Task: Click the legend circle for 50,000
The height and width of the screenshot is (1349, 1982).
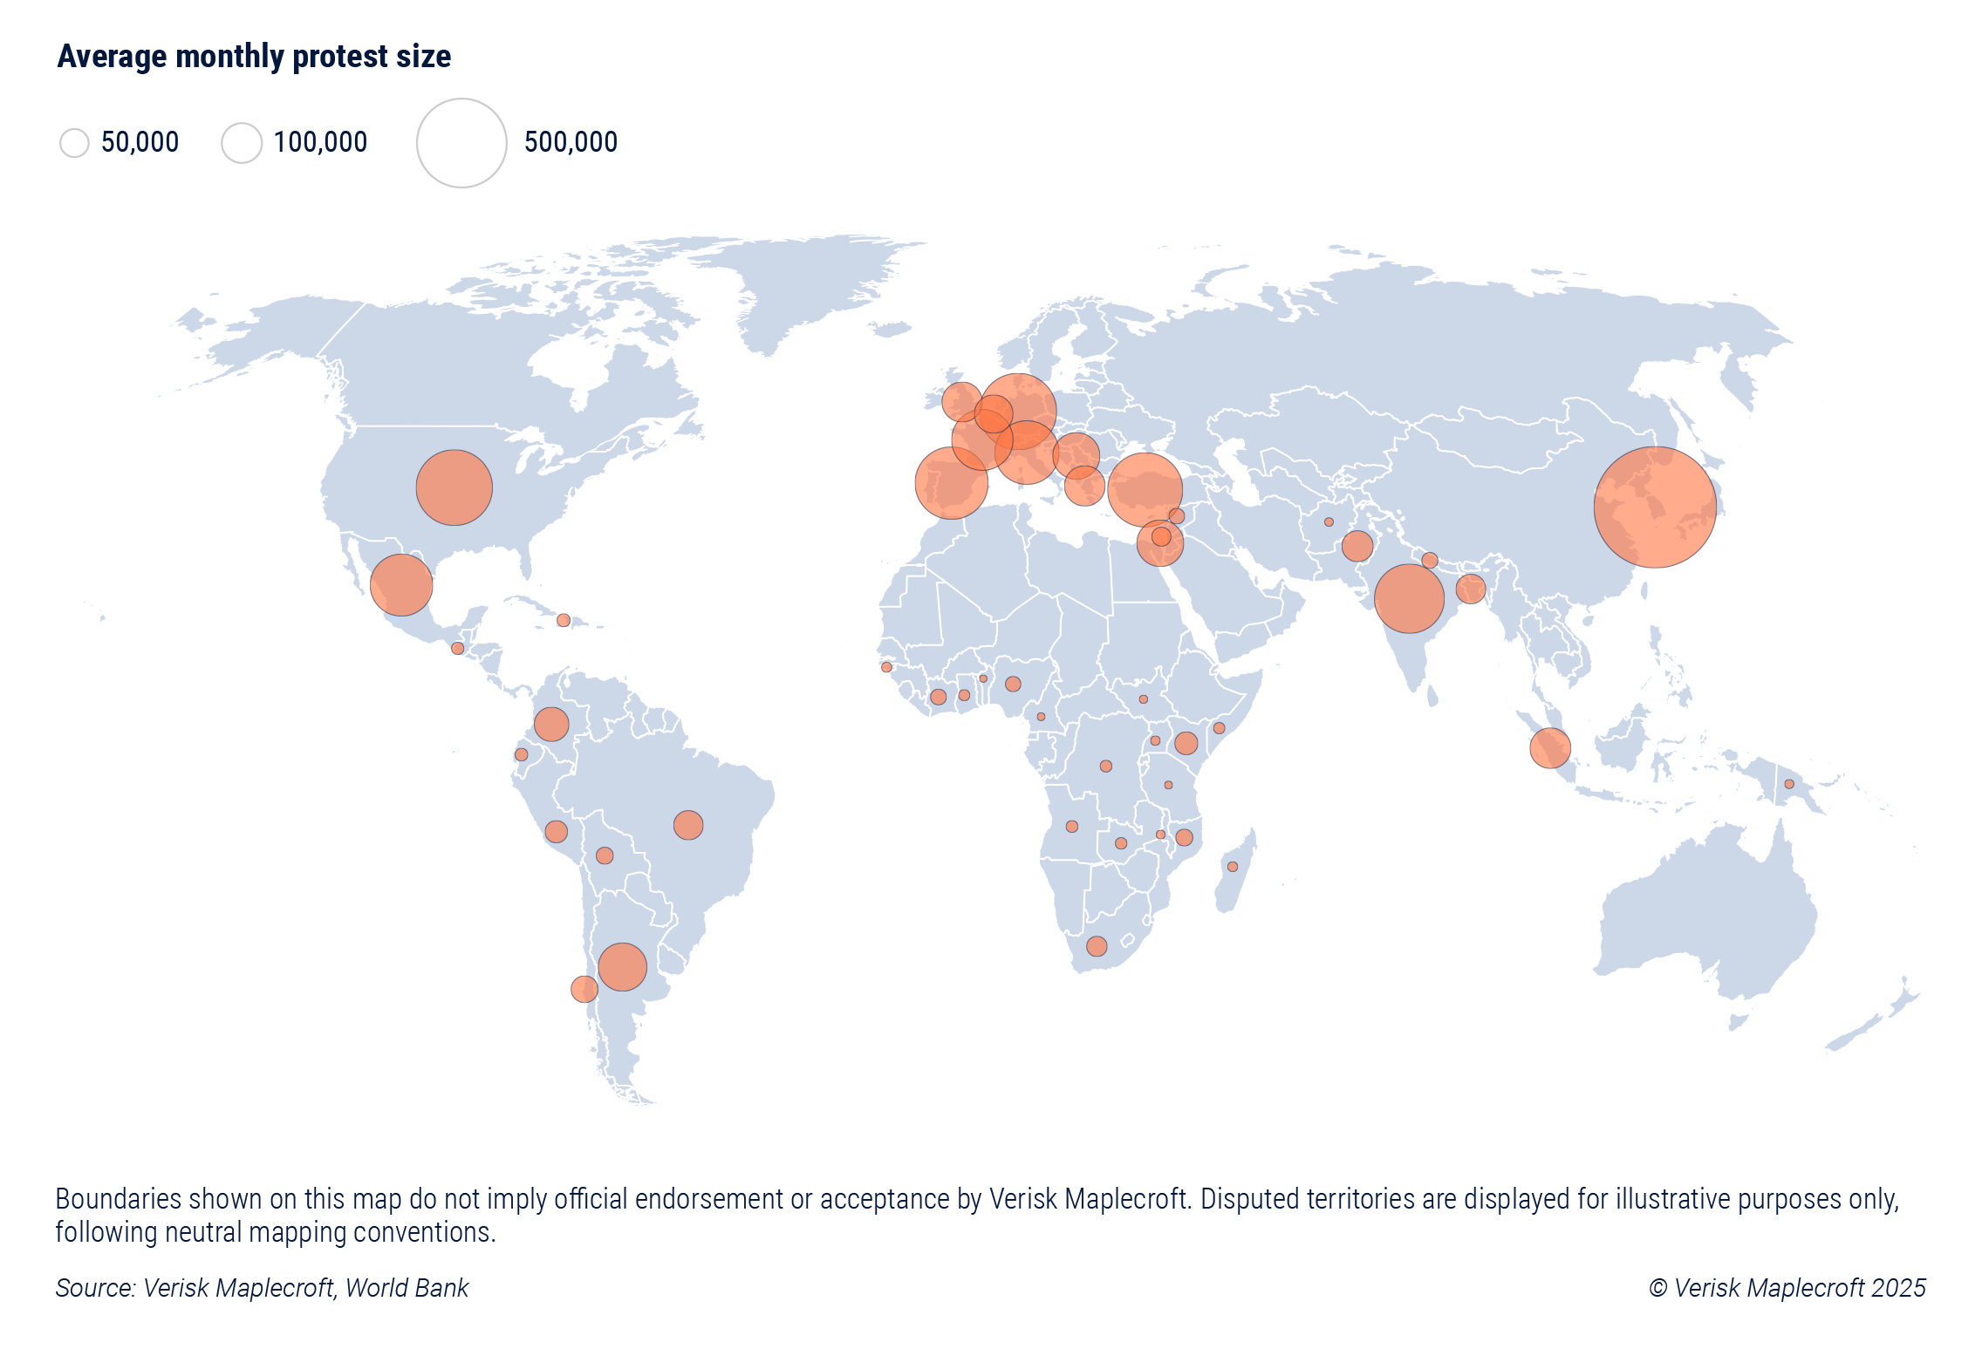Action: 74,143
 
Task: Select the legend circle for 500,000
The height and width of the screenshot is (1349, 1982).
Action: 461,143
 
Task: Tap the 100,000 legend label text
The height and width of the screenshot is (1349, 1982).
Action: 320,142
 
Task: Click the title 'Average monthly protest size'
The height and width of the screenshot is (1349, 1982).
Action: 254,57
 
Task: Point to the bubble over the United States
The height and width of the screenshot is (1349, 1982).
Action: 454,487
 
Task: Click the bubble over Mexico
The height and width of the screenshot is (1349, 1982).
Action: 401,585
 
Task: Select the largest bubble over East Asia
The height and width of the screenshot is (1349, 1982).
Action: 1655,508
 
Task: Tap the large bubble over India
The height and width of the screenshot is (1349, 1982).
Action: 1409,598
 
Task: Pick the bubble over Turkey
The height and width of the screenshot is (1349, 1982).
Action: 1145,490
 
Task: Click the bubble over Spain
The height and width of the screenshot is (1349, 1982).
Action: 952,483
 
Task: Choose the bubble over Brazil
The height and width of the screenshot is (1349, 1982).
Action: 688,825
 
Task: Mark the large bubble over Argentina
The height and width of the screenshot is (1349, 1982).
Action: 622,967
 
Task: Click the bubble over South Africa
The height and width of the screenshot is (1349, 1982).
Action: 1097,946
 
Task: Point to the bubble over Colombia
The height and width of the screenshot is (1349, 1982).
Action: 551,724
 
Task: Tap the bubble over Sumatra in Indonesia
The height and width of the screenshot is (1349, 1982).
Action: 1550,748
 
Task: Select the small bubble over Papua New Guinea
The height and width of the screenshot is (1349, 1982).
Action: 1789,784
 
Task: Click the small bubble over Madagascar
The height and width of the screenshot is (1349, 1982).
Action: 1233,867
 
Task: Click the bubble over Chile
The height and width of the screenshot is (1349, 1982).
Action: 584,989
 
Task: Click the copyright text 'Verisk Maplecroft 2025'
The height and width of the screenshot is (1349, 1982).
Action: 1799,1288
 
